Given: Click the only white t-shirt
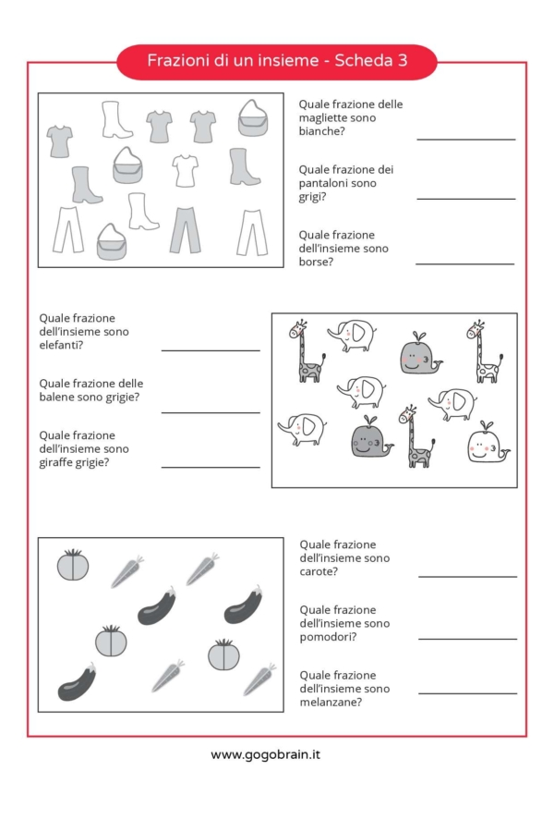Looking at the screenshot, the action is tap(185, 171).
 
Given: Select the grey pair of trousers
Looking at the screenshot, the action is tap(185, 230).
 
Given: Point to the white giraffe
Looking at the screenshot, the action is tap(485, 351).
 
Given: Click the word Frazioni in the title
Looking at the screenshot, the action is tap(178, 60).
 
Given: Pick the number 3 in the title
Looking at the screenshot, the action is tap(403, 60).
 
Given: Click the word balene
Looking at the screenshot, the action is tap(55, 397).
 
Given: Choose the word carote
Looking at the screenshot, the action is tap(317, 571).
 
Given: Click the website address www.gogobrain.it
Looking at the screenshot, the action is tap(265, 754).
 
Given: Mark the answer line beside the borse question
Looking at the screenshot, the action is tap(465, 263).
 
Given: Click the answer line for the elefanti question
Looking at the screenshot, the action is tap(211, 350).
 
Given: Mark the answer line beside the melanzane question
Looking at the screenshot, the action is tap(467, 693).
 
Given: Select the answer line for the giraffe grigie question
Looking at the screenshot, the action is tap(211, 467).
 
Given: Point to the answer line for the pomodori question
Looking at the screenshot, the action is tap(467, 639).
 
